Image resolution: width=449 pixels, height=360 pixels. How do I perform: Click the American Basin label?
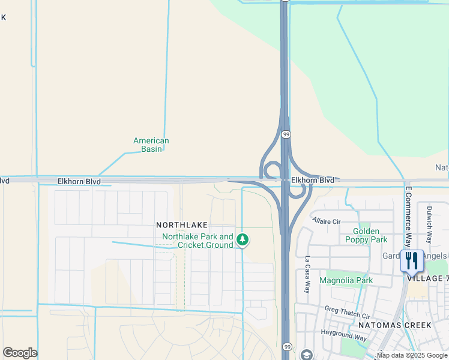151,145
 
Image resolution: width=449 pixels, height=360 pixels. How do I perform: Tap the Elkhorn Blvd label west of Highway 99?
79,181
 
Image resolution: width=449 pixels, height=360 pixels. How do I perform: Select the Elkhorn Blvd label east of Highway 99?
312,180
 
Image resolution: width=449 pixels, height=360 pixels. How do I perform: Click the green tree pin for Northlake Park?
243,241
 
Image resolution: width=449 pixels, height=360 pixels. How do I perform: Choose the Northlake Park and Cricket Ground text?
197,241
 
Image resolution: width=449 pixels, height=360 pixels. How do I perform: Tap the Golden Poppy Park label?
366,235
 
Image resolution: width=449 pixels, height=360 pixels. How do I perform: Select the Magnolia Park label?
346,280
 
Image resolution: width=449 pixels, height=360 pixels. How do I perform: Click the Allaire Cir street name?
327,221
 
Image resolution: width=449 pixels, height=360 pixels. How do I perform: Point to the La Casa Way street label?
307,275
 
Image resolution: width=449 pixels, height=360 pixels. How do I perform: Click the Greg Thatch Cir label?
348,313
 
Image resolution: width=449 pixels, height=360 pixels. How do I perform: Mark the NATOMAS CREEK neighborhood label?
394,325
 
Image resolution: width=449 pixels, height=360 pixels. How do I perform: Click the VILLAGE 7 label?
427,279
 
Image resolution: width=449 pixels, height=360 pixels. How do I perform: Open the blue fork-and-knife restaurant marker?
412,261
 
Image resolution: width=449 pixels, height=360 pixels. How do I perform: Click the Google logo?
20,353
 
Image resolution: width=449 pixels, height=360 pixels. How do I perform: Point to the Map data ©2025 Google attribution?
412,355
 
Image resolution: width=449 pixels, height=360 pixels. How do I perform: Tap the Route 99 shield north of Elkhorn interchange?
286,135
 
